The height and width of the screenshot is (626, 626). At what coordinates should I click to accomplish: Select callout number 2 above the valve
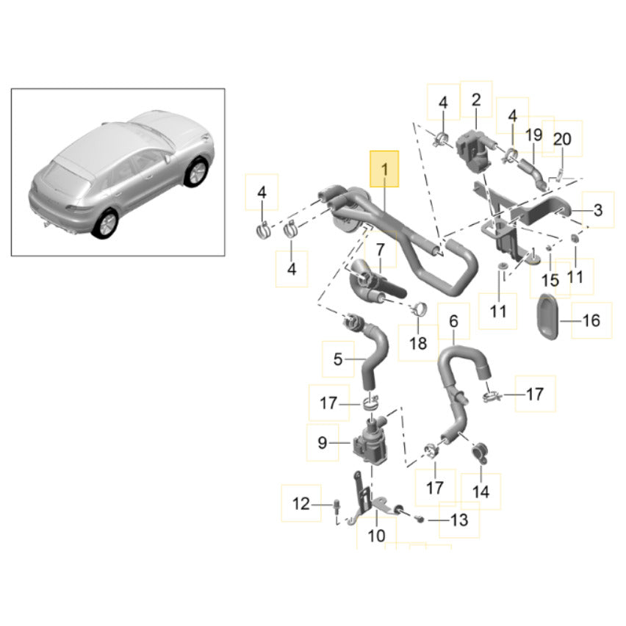[475, 100]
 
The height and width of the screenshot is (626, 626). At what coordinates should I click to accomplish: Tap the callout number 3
[597, 211]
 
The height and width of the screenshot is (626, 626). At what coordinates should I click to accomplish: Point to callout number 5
[338, 359]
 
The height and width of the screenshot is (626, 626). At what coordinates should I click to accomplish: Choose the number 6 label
[453, 321]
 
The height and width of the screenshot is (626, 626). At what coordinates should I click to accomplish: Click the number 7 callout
[380, 251]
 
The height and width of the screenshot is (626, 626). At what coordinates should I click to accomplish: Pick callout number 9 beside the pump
[323, 443]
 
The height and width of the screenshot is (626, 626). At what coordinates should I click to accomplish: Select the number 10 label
[375, 536]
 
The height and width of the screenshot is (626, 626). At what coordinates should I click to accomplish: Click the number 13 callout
[458, 521]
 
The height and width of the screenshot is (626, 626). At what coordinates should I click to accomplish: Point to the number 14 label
[481, 492]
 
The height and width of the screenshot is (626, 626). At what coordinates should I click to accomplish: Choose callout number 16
[591, 320]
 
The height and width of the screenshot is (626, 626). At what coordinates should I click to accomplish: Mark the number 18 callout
[417, 343]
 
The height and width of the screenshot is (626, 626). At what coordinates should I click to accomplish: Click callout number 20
[561, 139]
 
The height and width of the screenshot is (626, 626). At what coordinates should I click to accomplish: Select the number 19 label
[533, 135]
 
